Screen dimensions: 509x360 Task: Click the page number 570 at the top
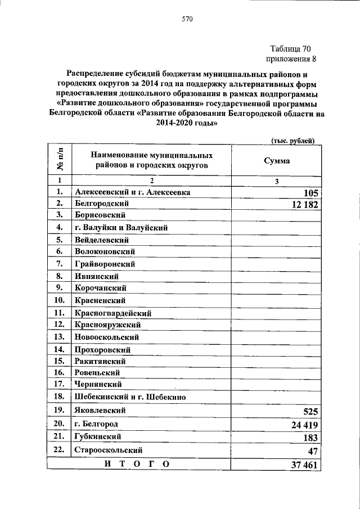pos(187,19)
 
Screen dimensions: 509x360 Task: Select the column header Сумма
pos(277,160)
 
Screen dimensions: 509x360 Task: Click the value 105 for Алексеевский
pos(310,193)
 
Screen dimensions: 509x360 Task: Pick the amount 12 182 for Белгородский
pos(305,205)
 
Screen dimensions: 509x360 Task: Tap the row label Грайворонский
pos(105,264)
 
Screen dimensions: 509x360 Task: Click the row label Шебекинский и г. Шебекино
pos(130,397)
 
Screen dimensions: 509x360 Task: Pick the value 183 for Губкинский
pos(310,438)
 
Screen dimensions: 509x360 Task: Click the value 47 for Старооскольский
pos(313,451)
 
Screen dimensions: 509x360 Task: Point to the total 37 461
pos(305,465)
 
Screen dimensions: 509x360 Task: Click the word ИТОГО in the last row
pos(137,463)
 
